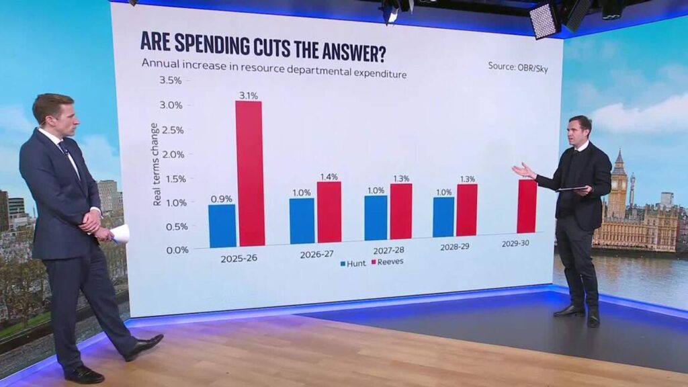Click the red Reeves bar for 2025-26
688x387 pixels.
[249, 173]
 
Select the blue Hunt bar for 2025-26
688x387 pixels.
[222, 226]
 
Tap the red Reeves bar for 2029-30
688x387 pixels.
[527, 206]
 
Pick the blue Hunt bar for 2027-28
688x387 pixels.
[376, 218]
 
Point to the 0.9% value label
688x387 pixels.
[221, 198]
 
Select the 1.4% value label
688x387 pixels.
[329, 176]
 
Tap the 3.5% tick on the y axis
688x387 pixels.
[170, 81]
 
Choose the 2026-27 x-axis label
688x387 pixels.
[314, 255]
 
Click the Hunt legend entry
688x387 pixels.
[351, 263]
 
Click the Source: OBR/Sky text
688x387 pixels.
[517, 67]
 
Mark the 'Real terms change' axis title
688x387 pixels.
[156, 164]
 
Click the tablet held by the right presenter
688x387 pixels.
[572, 189]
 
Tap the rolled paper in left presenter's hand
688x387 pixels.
[120, 234]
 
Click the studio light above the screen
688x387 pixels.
[544, 19]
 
